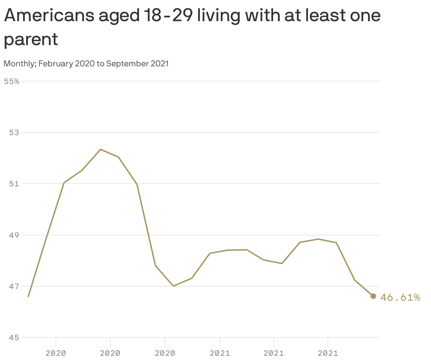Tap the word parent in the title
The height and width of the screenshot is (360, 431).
[31, 39]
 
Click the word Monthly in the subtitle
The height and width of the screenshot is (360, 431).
[19, 64]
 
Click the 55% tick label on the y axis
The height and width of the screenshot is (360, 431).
[12, 82]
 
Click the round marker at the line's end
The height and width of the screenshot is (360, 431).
[373, 296]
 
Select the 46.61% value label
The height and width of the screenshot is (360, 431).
[400, 298]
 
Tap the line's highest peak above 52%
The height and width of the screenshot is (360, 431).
[100, 149]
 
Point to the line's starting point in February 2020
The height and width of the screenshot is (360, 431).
[28, 296]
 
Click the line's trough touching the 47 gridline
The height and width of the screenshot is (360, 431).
[173, 286]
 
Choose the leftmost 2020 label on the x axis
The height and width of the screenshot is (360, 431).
[56, 353]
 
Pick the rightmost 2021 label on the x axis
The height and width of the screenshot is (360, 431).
[328, 353]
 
